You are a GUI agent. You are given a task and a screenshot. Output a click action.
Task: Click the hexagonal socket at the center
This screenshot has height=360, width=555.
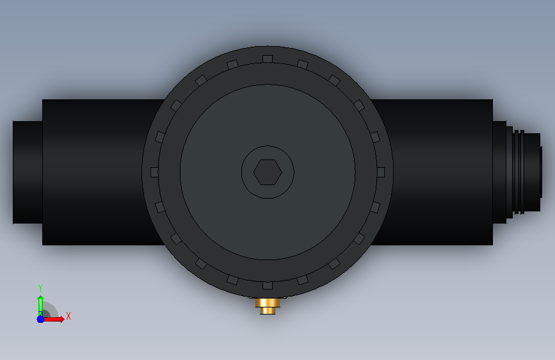pos(268,172)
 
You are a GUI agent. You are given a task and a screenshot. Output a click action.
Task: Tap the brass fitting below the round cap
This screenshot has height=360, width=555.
pos(268,306)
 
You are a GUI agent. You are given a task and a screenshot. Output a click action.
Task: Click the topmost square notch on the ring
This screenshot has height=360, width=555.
pos(268,59)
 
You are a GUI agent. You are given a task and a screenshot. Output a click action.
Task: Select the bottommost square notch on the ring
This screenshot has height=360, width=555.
pos(268,285)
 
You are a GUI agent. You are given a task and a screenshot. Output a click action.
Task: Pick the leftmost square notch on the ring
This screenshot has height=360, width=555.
pos(155,172)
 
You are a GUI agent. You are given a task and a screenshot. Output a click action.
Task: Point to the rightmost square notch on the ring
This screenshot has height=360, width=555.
pos(380,172)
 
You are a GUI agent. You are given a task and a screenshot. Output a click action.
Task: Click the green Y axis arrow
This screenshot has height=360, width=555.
pos(40,306)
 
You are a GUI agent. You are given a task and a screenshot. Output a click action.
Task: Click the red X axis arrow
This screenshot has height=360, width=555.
pos(53,319)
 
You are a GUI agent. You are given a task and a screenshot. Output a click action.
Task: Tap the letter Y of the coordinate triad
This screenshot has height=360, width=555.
pos(40,288)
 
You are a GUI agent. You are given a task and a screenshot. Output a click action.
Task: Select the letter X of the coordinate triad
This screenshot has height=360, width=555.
pos(68,316)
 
